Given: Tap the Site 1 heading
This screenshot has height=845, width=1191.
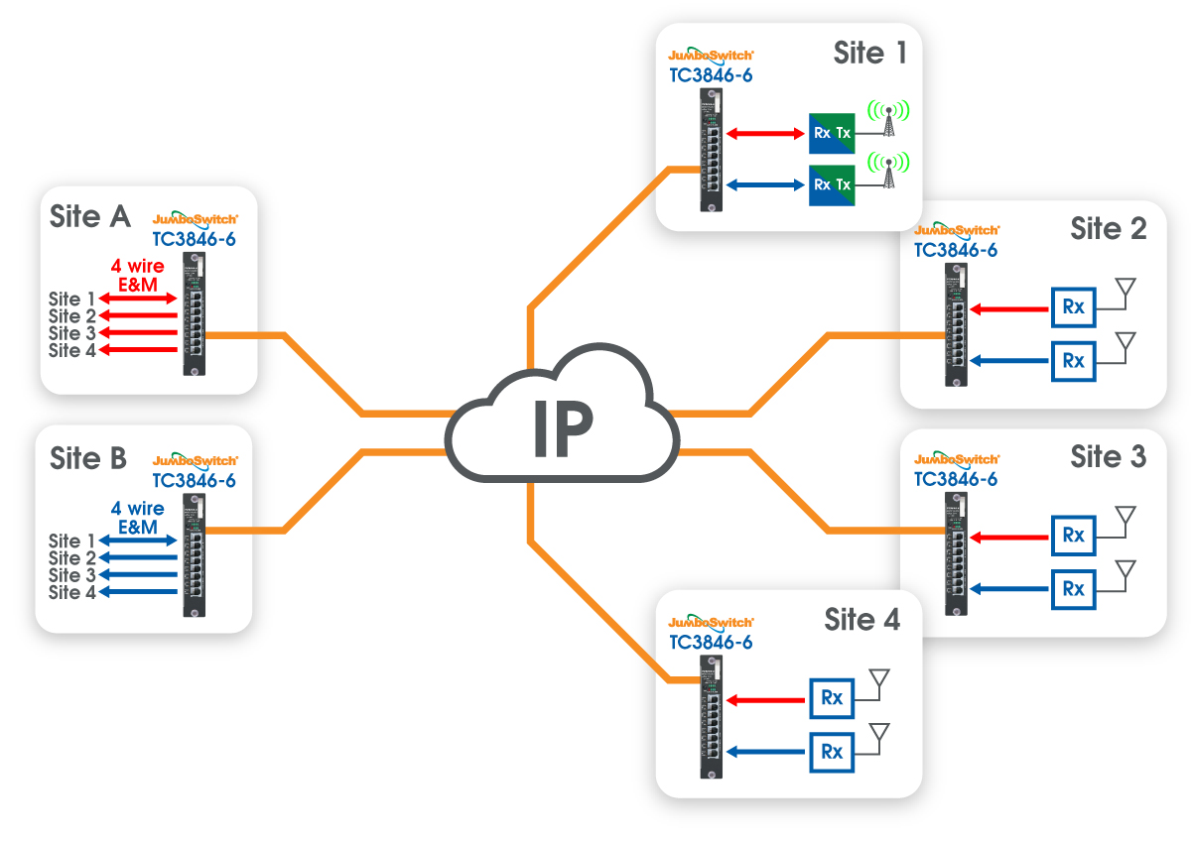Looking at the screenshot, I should click(870, 53).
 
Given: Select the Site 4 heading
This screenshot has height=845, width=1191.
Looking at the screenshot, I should click(861, 620).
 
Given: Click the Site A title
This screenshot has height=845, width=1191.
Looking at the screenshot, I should click(90, 216).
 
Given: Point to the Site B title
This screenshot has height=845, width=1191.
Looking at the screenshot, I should click(88, 458).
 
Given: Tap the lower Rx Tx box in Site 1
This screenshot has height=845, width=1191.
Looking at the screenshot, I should click(831, 184).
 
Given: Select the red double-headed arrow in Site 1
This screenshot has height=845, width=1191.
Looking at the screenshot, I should click(764, 133).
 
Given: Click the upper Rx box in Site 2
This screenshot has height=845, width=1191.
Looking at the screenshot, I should click(1073, 308).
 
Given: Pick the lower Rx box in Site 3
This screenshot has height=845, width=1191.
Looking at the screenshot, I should click(1073, 588).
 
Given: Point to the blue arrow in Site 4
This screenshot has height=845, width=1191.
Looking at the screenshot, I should click(764, 751).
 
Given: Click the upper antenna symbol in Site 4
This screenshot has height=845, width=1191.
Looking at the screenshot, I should click(878, 679).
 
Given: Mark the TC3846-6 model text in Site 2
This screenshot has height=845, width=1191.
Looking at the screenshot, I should click(956, 251).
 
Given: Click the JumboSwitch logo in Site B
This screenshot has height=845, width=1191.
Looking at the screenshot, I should click(196, 461).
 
